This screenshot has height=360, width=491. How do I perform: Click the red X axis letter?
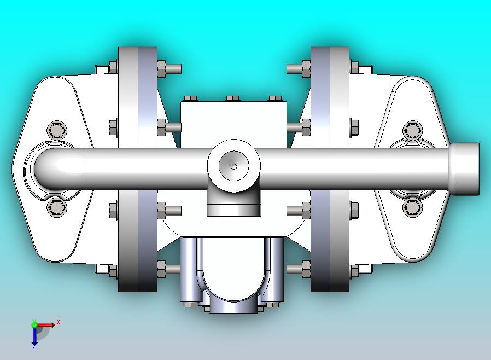(59, 322)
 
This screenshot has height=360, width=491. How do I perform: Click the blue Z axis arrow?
(34, 336)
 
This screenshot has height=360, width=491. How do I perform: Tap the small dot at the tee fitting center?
(234, 166)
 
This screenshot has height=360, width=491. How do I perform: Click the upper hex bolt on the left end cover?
(57, 130)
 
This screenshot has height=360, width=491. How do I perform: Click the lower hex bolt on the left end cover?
(57, 207)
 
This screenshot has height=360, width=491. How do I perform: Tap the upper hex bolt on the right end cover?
(413, 130)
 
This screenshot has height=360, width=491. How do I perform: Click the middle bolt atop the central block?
(233, 98)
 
